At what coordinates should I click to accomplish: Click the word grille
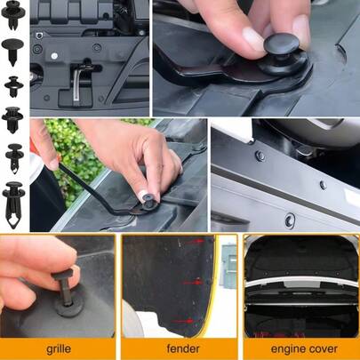(x=59, y=348)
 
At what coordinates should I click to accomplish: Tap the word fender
(x=183, y=348)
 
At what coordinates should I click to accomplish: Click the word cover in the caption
(x=323, y=348)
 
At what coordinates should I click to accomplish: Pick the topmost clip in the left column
(x=13, y=14)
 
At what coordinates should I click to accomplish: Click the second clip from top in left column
(x=12, y=51)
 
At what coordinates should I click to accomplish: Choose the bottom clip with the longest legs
(x=13, y=204)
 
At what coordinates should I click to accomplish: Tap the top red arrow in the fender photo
(x=195, y=242)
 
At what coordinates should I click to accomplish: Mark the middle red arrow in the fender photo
(x=193, y=282)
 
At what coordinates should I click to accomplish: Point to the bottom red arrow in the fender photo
(x=183, y=321)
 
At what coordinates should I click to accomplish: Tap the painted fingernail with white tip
(x=144, y=196)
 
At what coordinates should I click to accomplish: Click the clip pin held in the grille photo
(x=65, y=284)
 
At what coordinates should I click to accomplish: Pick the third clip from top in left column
(x=13, y=86)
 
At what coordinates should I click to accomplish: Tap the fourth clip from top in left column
(x=12, y=120)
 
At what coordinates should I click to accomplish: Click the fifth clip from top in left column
(x=14, y=158)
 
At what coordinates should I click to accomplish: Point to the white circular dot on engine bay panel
(x=54, y=56)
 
